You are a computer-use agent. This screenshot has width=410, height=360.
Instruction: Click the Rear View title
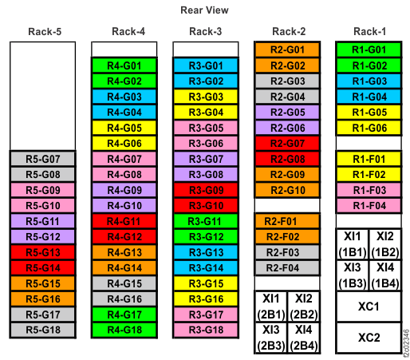click(204, 10)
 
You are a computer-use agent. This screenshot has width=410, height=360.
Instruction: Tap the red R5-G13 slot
click(42, 252)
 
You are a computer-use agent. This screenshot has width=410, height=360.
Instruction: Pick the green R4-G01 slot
click(124, 65)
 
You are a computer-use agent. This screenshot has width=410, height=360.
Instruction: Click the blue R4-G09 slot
click(124, 190)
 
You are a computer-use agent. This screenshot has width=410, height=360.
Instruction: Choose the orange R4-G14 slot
click(124, 267)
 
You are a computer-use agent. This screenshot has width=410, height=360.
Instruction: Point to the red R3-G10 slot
click(205, 205)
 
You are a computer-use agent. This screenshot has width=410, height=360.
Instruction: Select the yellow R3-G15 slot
click(205, 283)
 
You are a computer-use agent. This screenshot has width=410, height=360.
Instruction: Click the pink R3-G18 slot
click(205, 329)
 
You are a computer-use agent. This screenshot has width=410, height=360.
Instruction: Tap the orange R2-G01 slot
click(286, 50)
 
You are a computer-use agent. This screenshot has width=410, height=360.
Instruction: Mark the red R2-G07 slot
click(286, 143)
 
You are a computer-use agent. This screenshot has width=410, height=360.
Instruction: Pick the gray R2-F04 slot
click(286, 267)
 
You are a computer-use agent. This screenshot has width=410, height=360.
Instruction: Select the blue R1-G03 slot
click(368, 81)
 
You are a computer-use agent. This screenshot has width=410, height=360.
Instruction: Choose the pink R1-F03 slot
click(368, 189)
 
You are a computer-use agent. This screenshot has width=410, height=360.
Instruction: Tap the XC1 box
click(368, 307)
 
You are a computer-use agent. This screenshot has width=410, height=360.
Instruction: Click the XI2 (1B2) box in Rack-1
click(384, 243)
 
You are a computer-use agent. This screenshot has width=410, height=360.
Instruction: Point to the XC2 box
click(368, 337)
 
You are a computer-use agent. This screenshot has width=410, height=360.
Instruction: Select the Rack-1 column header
click(369, 32)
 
